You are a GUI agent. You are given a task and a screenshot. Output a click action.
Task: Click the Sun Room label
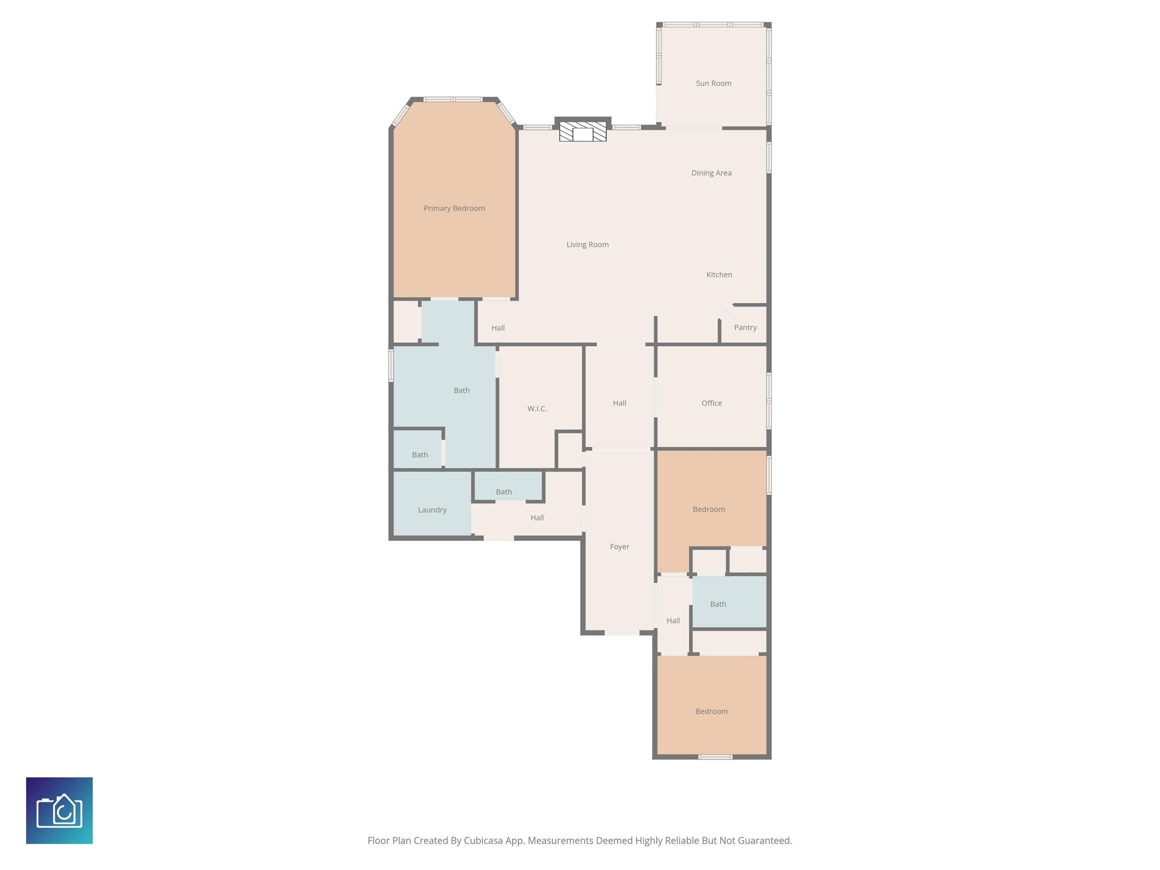(x=713, y=83)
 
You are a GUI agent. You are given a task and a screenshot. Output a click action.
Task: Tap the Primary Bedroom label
(x=454, y=208)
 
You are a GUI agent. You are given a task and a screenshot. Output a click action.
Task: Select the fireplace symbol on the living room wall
(x=583, y=132)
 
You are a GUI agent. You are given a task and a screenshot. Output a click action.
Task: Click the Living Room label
(x=587, y=244)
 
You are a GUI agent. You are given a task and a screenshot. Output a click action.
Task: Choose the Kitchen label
(x=719, y=275)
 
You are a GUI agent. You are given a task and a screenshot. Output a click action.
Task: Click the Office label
(x=712, y=403)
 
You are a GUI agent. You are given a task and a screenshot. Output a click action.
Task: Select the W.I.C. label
(x=537, y=409)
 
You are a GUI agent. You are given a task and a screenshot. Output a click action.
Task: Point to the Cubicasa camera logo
(x=59, y=811)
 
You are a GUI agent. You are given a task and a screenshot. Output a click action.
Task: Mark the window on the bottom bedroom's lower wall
(x=715, y=757)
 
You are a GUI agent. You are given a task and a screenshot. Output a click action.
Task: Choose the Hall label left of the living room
(x=498, y=328)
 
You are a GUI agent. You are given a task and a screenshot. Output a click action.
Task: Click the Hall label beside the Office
(x=619, y=403)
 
